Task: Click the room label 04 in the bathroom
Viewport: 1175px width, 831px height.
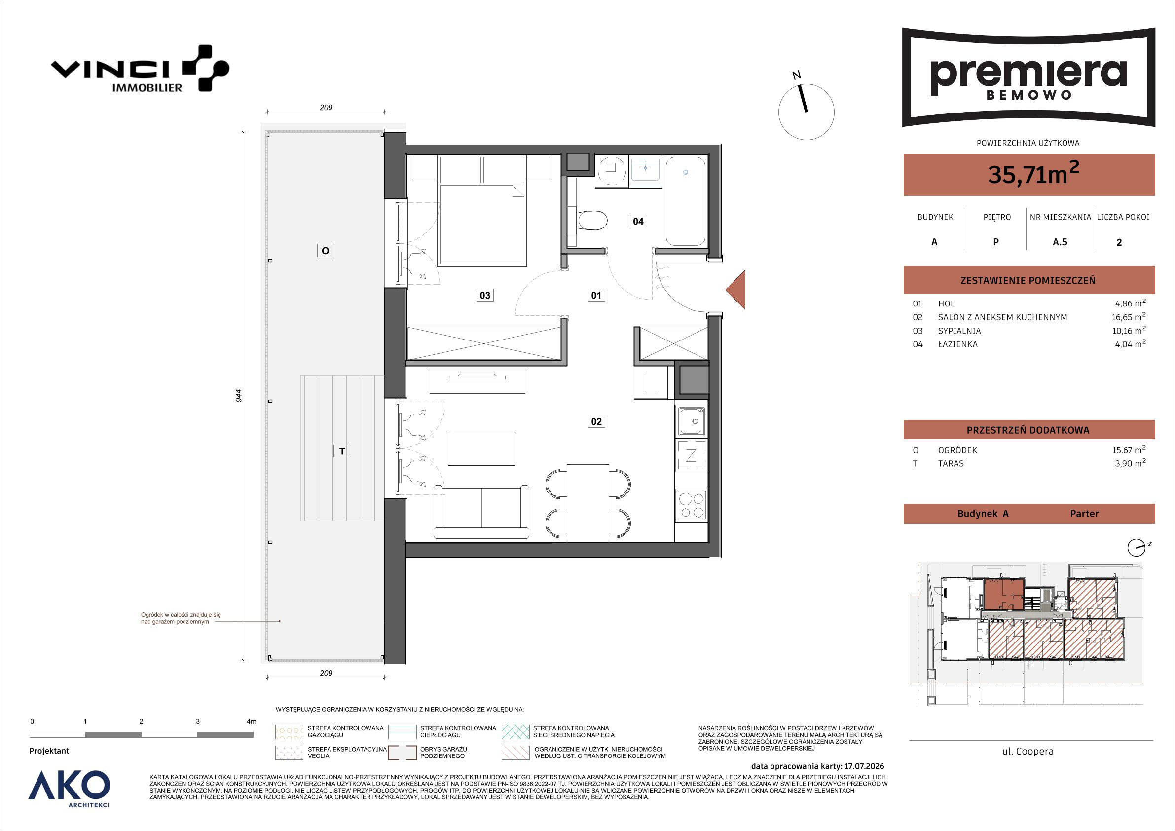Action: coord(638,221)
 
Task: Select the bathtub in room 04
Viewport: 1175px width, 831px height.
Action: coord(685,202)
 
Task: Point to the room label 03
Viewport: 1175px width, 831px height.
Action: coord(484,295)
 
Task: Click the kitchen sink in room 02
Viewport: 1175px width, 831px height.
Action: coord(691,421)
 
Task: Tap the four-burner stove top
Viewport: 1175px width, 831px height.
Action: coord(691,505)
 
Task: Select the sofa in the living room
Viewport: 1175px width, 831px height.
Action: coord(481,512)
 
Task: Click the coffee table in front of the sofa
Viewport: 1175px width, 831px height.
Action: coord(481,449)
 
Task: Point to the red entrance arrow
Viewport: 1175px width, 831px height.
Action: coord(735,290)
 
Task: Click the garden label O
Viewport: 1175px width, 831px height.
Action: coord(325,251)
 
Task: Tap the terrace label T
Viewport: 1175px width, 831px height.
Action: coord(342,451)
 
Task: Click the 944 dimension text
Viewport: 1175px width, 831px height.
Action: coord(238,395)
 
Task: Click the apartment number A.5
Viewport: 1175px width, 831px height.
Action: coord(1060,242)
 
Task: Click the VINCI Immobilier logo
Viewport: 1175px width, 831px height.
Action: coord(140,69)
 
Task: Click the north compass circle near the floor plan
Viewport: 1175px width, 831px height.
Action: coord(806,112)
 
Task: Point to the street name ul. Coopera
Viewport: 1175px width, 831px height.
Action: coord(1028,752)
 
